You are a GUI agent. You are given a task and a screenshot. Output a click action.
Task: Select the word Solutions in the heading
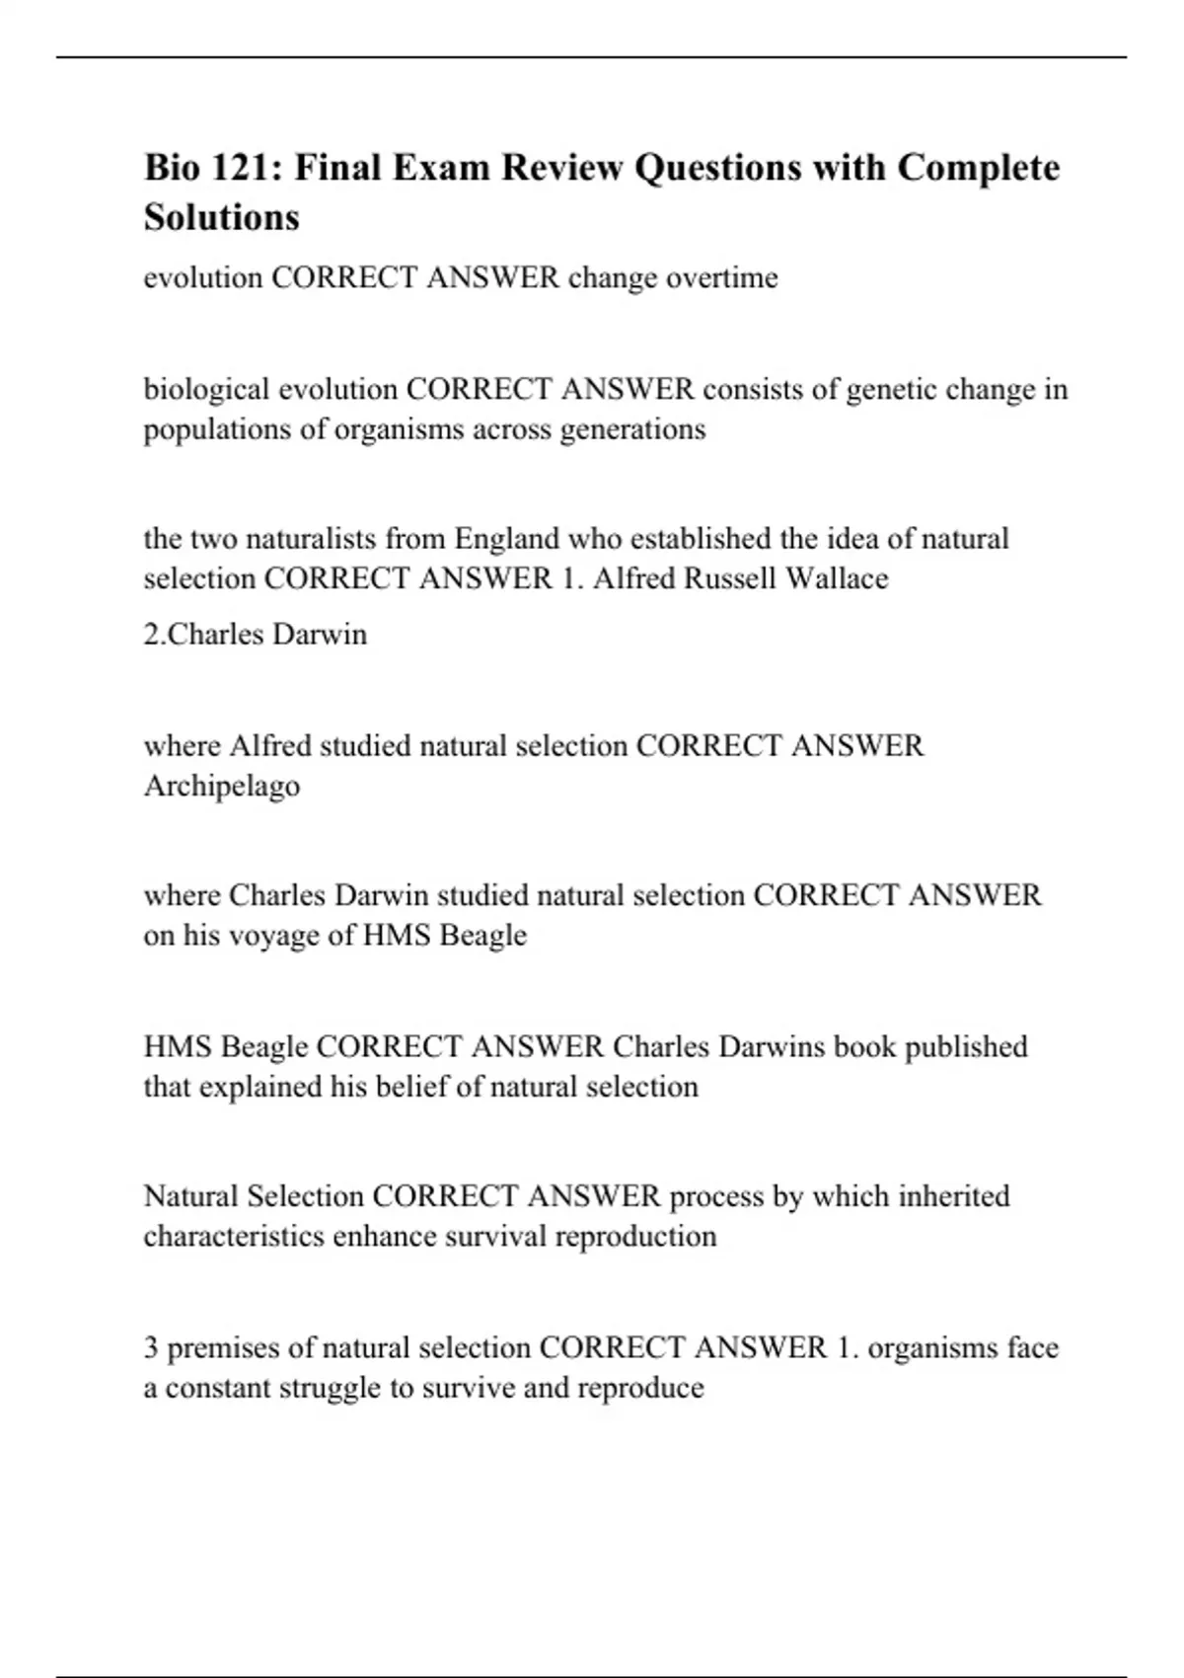[x=221, y=217]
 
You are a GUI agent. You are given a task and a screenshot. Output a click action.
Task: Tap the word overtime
[x=721, y=277]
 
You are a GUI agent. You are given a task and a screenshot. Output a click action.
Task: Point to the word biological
[x=207, y=390]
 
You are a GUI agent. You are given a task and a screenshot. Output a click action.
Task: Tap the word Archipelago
[x=222, y=787]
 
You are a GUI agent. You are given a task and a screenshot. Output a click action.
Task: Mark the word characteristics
[x=234, y=1237]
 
